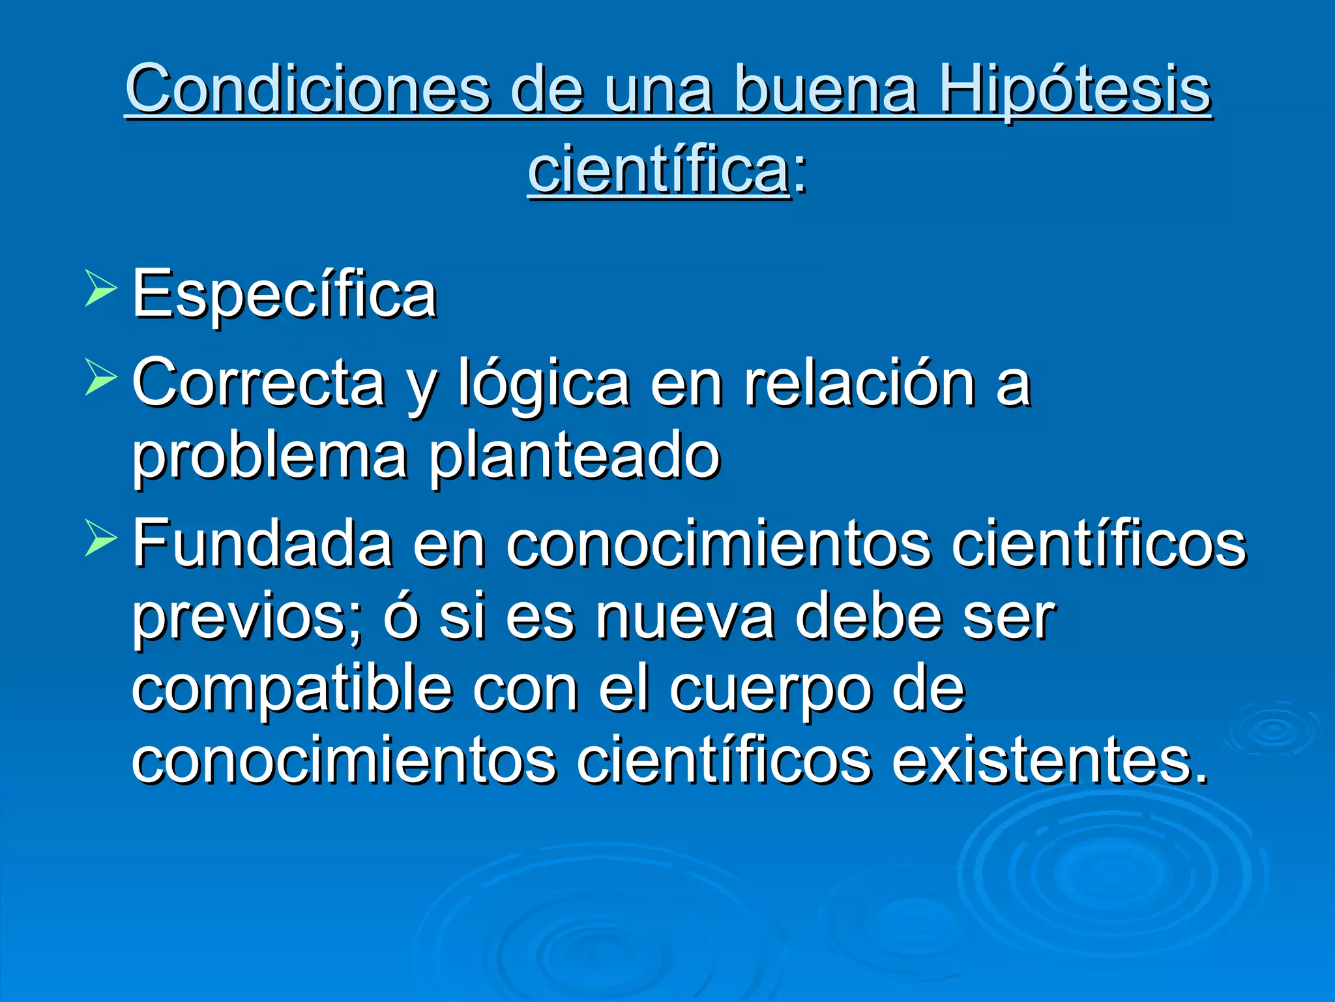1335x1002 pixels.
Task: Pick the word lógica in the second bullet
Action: coord(544,385)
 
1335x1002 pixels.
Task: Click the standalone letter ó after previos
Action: coord(400,616)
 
